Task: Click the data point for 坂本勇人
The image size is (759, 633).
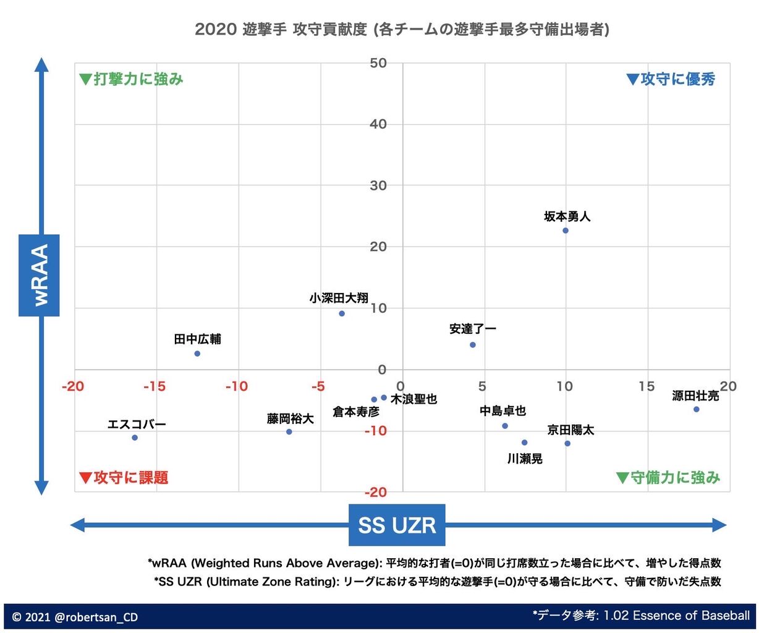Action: (565, 231)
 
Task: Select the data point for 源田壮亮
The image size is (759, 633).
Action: (696, 409)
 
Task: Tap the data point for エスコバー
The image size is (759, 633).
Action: (135, 438)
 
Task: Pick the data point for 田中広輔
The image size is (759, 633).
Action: (197, 354)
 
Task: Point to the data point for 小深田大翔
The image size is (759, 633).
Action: (342, 313)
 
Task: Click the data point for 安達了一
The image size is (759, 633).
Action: (473, 345)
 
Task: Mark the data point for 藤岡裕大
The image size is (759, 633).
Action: (289, 431)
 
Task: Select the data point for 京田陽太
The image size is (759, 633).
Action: (567, 443)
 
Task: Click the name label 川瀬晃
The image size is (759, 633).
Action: (525, 459)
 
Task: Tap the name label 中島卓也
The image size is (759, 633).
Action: (502, 411)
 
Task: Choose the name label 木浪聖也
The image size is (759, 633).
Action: (413, 399)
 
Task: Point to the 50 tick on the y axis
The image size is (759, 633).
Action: (378, 63)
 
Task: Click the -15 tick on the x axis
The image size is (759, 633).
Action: (155, 386)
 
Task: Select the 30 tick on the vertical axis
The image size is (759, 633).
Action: (378, 185)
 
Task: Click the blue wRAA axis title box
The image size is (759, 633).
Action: (39, 275)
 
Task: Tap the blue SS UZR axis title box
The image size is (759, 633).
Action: (397, 525)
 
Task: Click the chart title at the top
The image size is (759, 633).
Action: (402, 29)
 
